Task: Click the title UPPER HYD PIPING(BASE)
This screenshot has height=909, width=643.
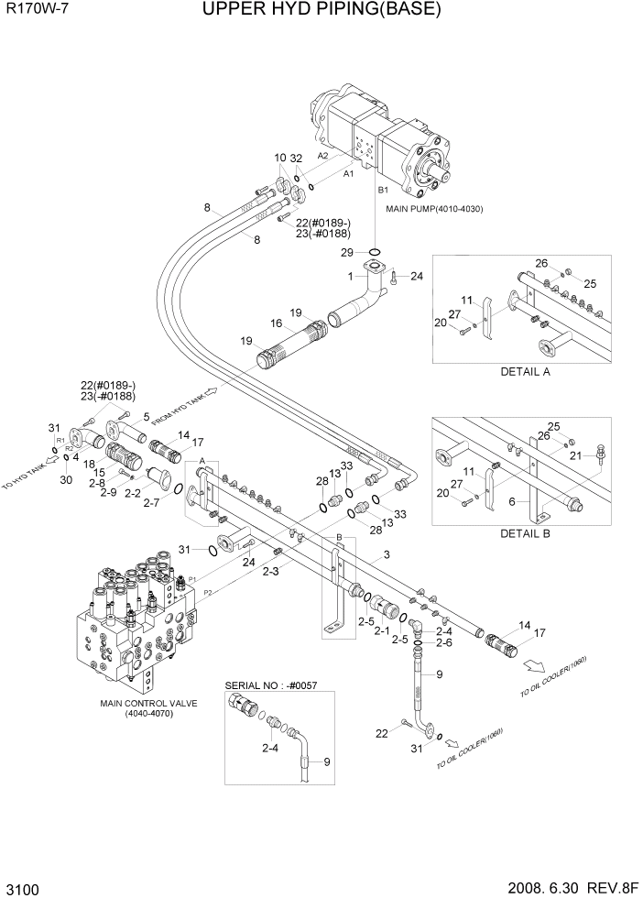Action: pyautogui.click(x=321, y=11)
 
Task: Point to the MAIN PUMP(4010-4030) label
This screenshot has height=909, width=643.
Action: pyautogui.click(x=434, y=209)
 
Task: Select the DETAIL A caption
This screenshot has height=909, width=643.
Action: pyautogui.click(x=525, y=372)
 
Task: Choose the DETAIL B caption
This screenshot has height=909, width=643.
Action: pyautogui.click(x=525, y=532)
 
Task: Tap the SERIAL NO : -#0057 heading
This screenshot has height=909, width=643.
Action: pyautogui.click(x=272, y=685)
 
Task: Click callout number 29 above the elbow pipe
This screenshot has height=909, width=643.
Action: pyautogui.click(x=347, y=252)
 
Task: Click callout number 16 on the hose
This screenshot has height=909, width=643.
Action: pyautogui.click(x=275, y=323)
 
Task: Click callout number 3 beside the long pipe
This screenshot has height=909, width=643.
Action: pyautogui.click(x=387, y=555)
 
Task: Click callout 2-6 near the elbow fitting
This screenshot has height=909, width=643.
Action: pyautogui.click(x=444, y=643)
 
